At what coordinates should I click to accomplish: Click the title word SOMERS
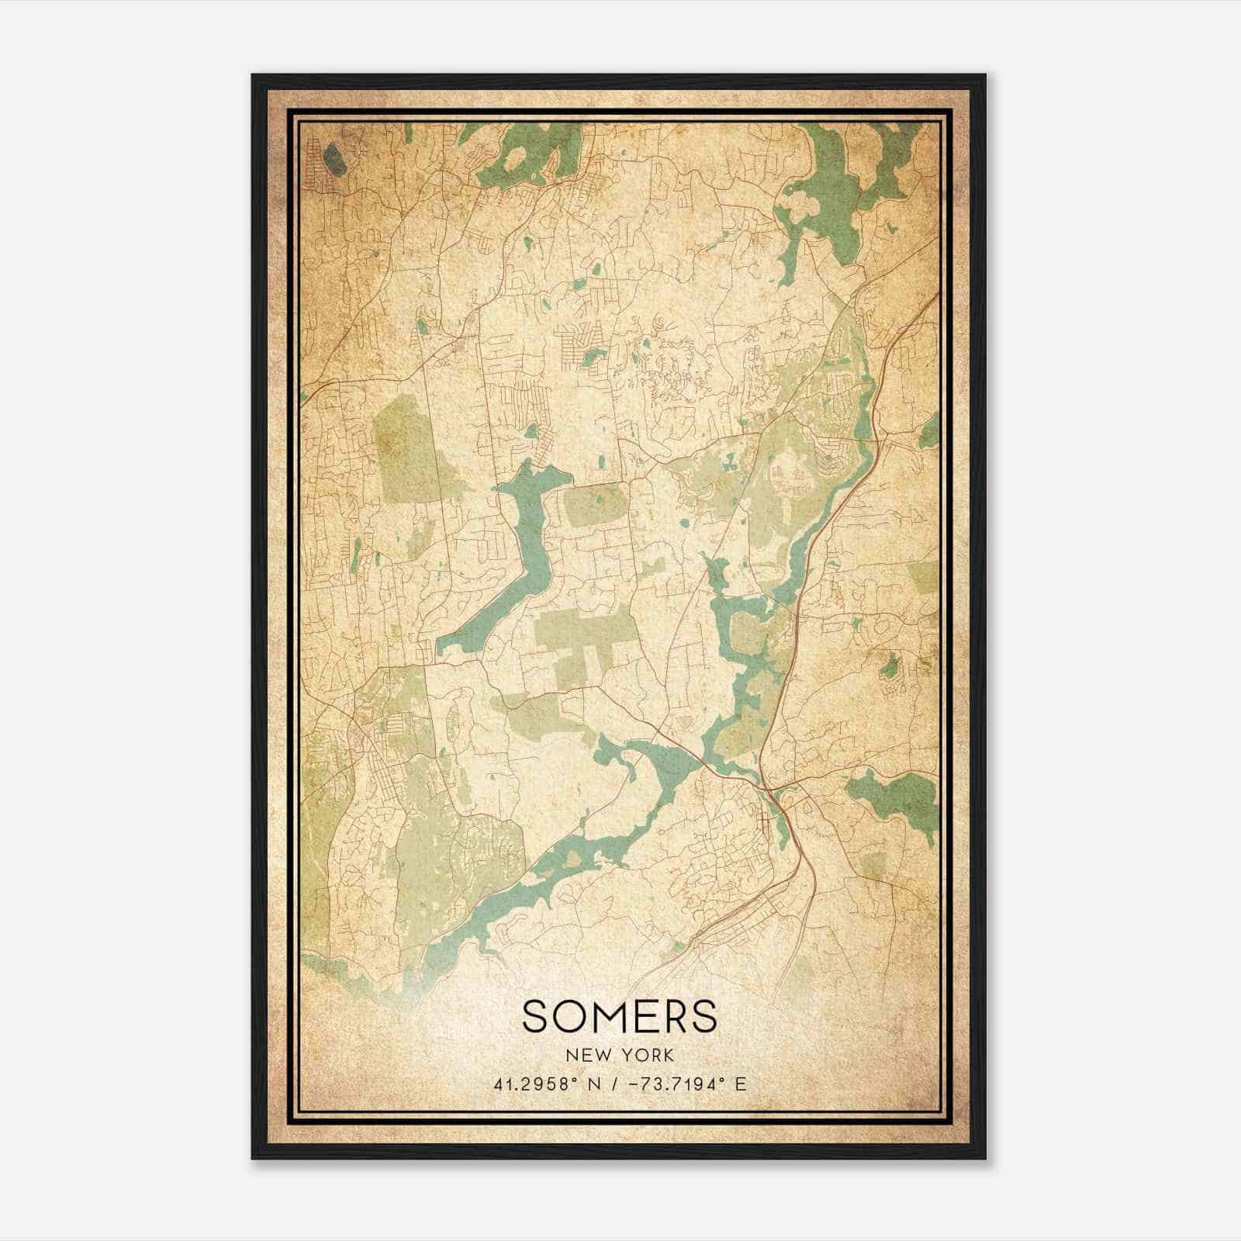click(620, 1015)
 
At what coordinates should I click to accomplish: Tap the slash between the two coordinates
click(614, 1084)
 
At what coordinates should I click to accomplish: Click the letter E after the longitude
click(741, 1084)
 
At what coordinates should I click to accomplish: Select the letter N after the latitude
click(593, 1084)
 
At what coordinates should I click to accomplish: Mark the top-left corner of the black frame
click(253, 75)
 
